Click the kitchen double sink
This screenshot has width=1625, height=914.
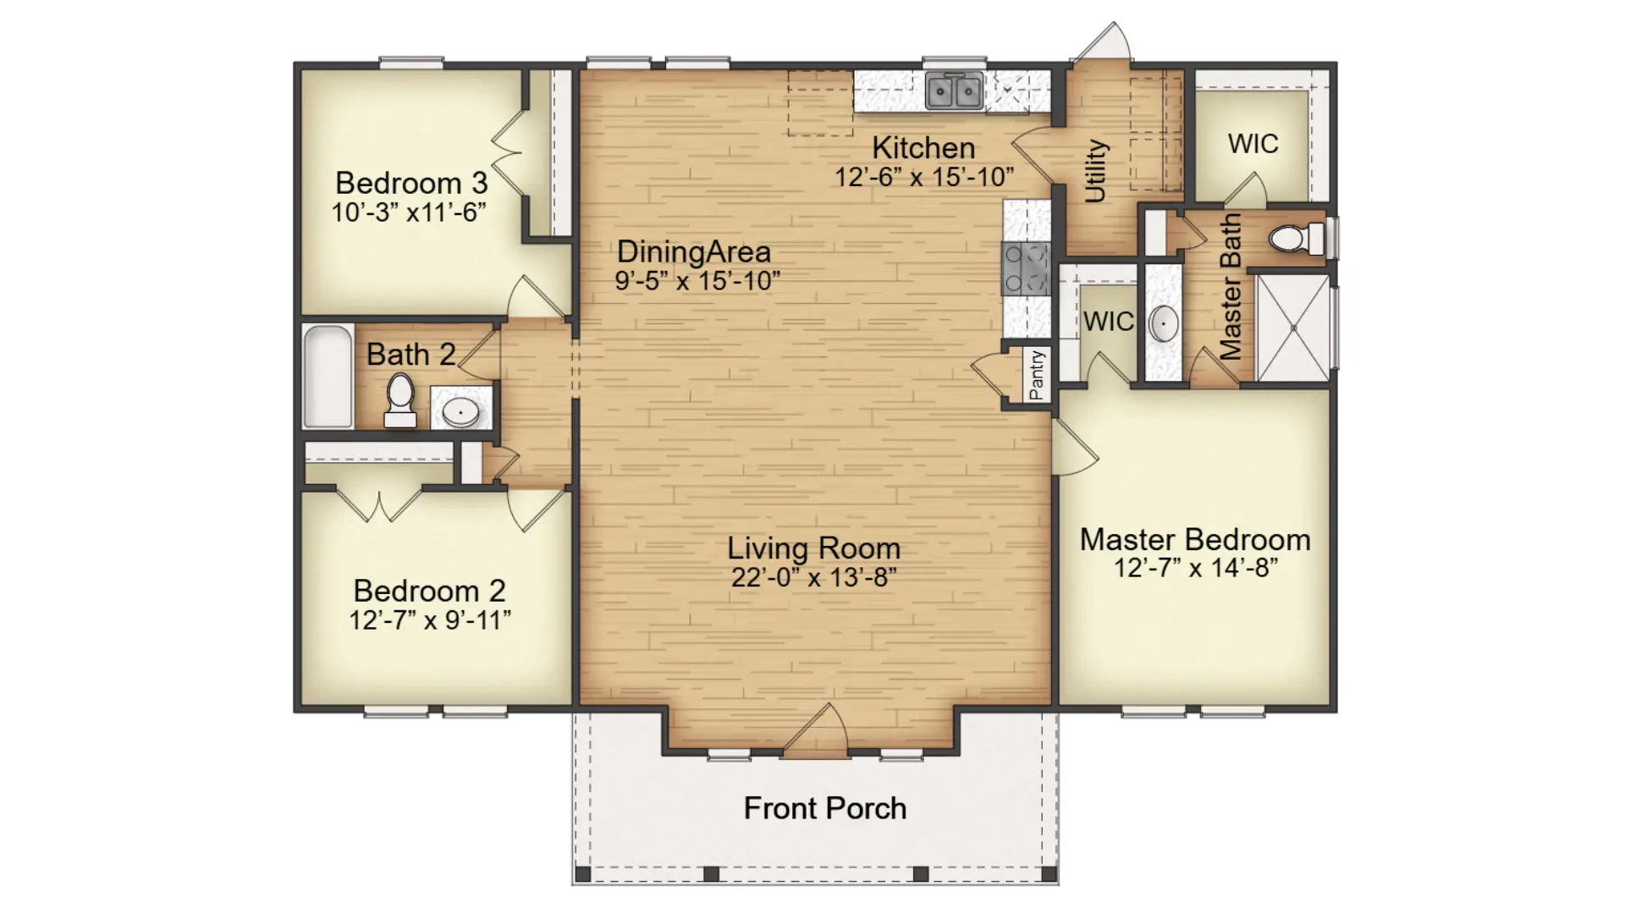(954, 91)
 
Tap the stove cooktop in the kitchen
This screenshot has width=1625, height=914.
(1026, 268)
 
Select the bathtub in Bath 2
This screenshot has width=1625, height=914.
(328, 377)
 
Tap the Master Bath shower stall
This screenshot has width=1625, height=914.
(1292, 327)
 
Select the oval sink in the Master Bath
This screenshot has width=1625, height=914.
(1164, 323)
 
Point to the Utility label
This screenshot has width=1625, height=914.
(1095, 171)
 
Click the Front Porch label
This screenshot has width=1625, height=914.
(825, 808)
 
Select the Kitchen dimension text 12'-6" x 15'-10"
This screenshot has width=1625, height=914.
(924, 177)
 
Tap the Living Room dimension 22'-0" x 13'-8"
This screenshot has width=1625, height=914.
(814, 577)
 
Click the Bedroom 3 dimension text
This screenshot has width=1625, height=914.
(409, 212)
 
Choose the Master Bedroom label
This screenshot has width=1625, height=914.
(1195, 539)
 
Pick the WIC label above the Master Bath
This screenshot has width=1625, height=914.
(1253, 144)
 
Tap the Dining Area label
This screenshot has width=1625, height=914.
(694, 251)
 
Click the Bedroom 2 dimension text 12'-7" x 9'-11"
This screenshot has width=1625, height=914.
(430, 620)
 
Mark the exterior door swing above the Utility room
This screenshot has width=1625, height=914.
(1101, 42)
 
